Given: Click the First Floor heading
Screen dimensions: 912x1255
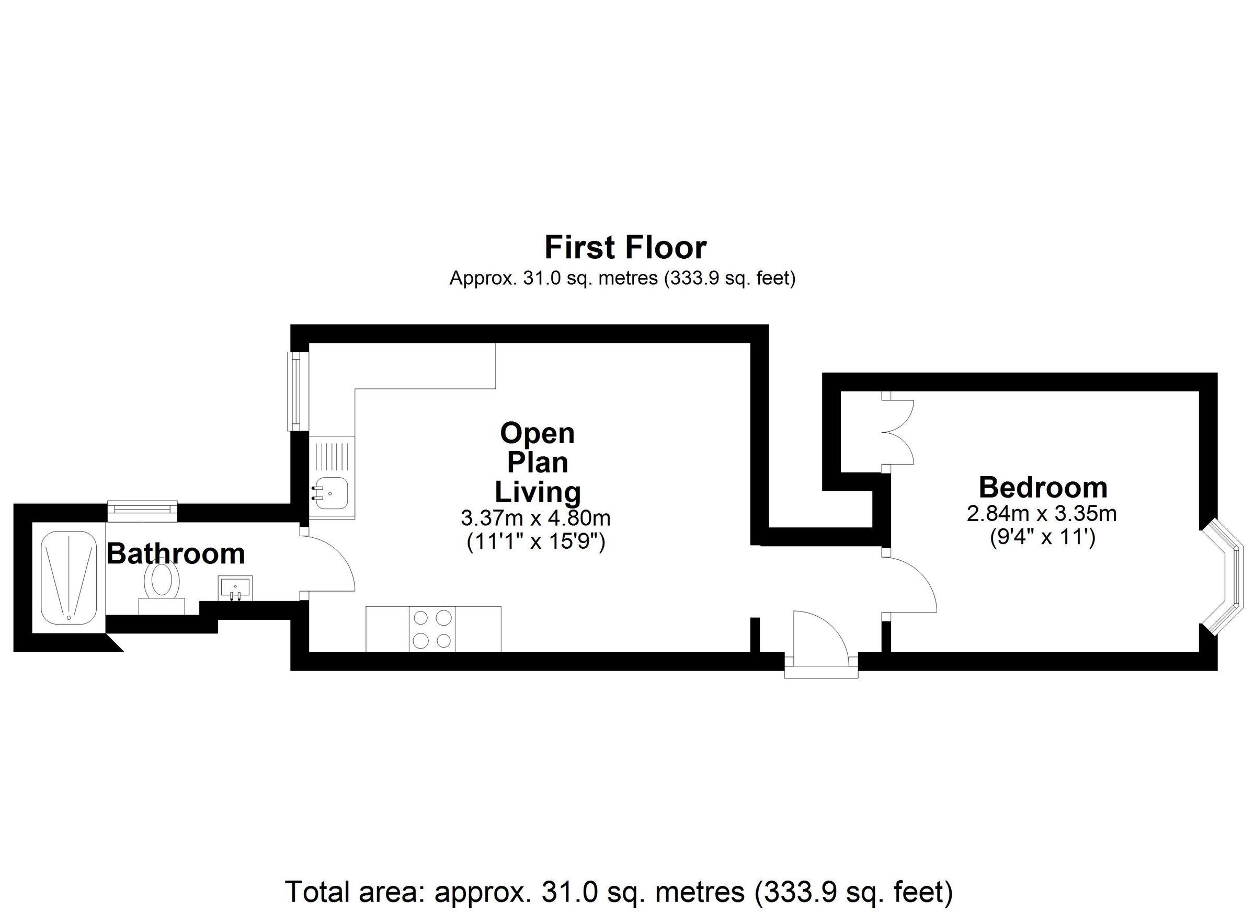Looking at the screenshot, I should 625,247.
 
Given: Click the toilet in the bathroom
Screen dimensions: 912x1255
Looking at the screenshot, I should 162,582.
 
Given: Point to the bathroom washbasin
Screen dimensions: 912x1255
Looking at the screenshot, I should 235,587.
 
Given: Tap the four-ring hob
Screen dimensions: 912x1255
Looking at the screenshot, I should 432,629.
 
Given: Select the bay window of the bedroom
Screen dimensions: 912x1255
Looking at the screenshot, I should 1224,577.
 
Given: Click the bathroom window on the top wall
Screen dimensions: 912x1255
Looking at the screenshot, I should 142,511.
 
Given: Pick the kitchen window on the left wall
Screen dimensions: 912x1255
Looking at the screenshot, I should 297,391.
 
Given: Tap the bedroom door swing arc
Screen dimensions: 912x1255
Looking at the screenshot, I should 910,582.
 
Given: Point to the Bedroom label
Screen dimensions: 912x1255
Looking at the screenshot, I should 1043,487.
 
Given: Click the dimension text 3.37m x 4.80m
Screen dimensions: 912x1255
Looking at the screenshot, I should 535,518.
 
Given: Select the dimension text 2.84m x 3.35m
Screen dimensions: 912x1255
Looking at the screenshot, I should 1042,514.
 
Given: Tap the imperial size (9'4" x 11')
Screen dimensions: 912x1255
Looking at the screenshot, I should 1042,537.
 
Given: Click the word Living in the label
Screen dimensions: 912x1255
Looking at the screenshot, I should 538,492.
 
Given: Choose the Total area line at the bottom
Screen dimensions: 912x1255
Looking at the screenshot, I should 619,892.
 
